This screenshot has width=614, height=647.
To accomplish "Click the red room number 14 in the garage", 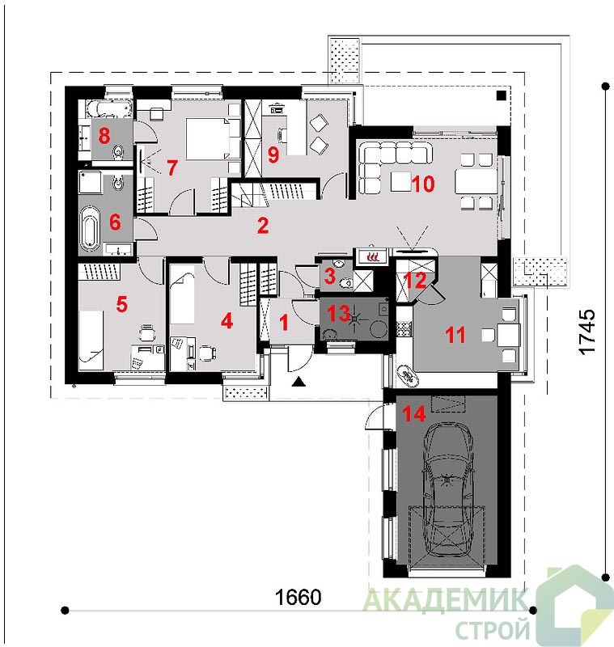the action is pos(414,413).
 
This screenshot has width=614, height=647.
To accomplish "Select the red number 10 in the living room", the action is pos(423,184).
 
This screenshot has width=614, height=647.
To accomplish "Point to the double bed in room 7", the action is pos(213,138).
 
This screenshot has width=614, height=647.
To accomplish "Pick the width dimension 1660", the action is pos(298,597).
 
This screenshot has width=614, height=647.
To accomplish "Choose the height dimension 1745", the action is pos(587,332).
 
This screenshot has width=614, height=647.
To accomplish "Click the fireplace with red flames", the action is pos(373,256).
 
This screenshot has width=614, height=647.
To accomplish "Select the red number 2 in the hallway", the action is pos(263,226).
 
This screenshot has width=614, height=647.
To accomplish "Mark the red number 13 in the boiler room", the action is pos(338,313).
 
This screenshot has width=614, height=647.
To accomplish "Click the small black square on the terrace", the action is pos(501,95).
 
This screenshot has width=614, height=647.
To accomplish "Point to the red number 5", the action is pos(121,305).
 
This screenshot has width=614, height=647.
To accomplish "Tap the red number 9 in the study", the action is pos(273,154).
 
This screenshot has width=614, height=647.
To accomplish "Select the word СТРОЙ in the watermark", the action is pos(493,629).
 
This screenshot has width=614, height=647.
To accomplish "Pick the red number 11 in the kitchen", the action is pos(455,335).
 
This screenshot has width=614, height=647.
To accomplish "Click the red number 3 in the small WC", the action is pos(329,276).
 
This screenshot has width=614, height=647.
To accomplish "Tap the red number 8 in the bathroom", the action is pos(104,135).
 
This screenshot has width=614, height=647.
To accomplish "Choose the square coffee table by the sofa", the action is pos(400,181).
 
